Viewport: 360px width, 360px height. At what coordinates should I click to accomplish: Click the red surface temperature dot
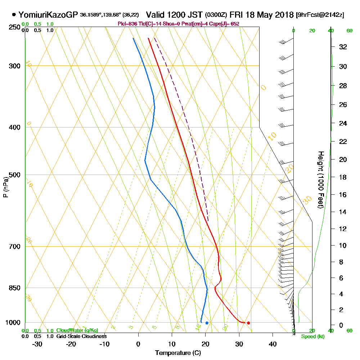pos(248,323)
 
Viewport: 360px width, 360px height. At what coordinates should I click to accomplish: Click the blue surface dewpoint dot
pos(207,323)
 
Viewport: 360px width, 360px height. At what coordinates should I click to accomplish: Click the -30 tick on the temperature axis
pos(37,344)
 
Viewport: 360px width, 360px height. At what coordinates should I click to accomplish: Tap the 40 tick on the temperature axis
pos(273,344)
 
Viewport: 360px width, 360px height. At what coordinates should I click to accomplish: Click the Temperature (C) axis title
pos(178,353)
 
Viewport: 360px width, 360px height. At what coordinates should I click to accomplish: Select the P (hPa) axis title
pos(5,187)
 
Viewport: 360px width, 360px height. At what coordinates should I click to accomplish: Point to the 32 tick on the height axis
pos(343,47)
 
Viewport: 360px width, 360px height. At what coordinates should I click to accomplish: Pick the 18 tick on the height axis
pos(343,177)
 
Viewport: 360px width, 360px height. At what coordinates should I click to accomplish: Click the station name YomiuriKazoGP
pos(48,15)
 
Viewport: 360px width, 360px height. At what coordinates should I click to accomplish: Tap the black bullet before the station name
pos(14,15)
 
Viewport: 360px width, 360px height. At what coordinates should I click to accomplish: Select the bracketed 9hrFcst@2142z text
pos(320,15)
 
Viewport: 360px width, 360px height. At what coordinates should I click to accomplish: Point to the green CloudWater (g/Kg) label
pos(77,330)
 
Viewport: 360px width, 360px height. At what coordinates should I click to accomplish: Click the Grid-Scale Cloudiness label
pos(81,336)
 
